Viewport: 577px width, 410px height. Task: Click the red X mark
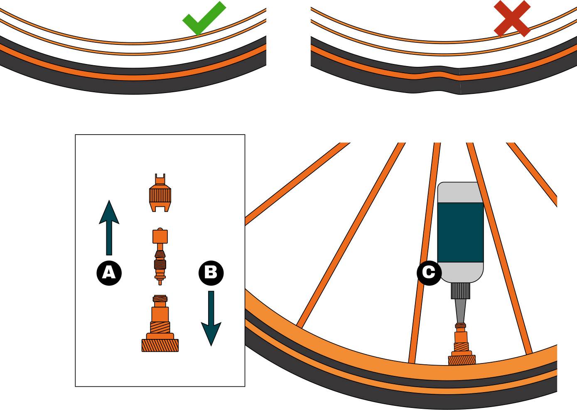point(512,19)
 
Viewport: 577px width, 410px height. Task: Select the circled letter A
point(109,273)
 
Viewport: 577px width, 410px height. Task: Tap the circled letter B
point(211,273)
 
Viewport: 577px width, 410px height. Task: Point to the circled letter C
point(429,273)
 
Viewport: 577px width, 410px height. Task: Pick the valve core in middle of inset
point(160,258)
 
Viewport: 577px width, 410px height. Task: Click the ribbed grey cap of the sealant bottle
point(460,290)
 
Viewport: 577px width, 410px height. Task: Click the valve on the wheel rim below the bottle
point(461,345)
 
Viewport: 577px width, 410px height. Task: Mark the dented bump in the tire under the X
point(436,77)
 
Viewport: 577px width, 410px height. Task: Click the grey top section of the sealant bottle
point(460,192)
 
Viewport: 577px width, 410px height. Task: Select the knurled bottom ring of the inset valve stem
point(160,345)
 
